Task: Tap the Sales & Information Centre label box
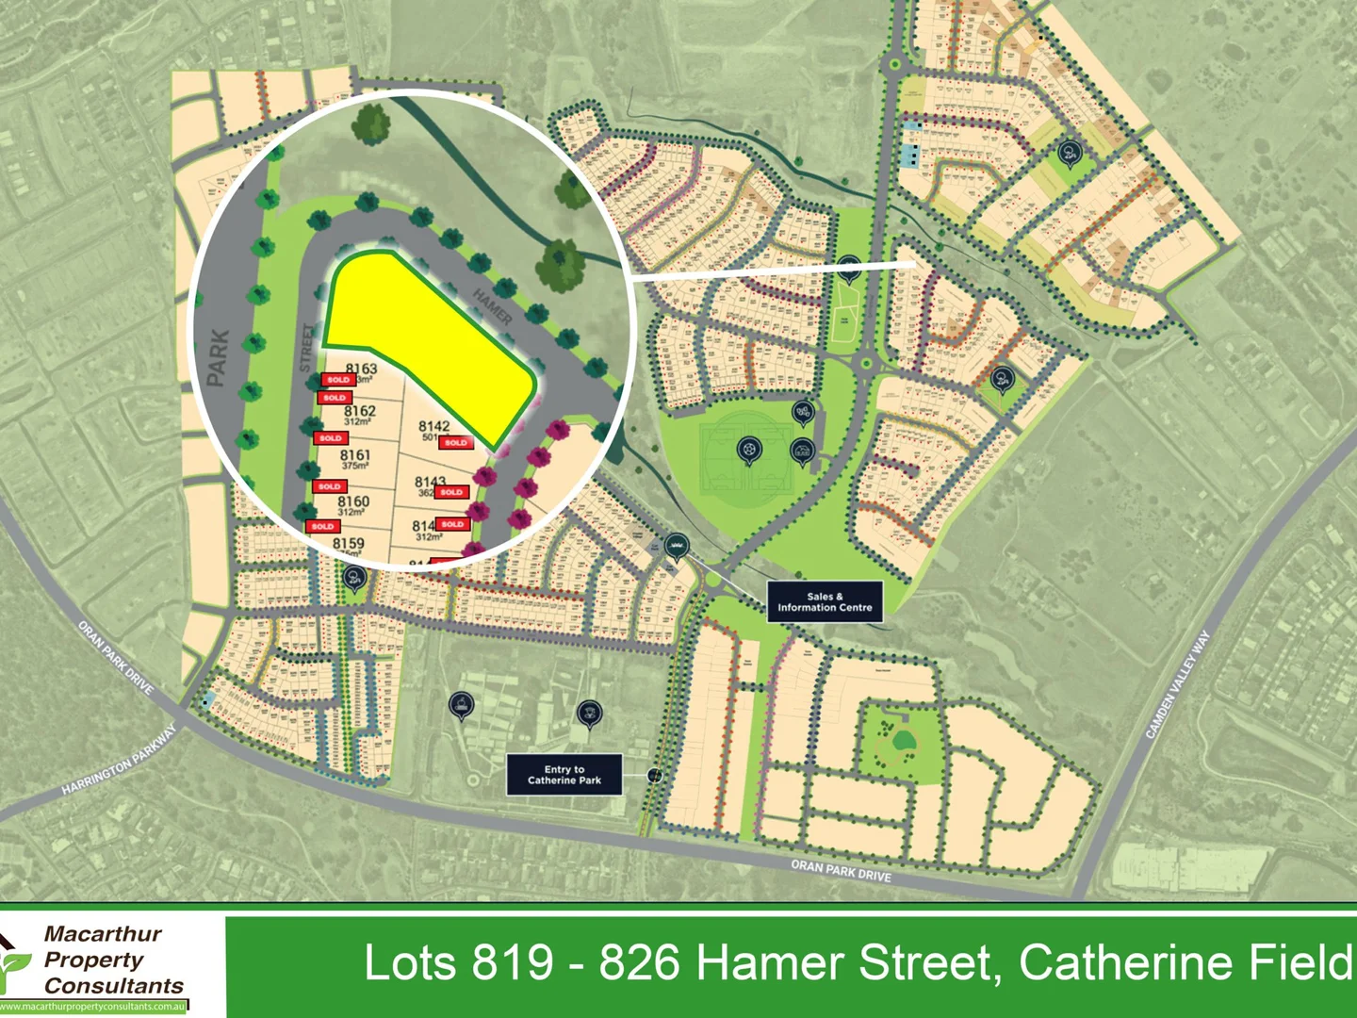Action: pyautogui.click(x=825, y=602)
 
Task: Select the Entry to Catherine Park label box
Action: pyautogui.click(x=564, y=775)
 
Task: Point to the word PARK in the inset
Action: pyautogui.click(x=218, y=357)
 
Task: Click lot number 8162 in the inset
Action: pyautogui.click(x=359, y=411)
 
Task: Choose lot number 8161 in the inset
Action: pyautogui.click(x=355, y=455)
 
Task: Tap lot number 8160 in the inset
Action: pyautogui.click(x=353, y=501)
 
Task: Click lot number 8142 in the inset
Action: pyautogui.click(x=433, y=426)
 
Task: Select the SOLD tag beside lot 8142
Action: pyautogui.click(x=456, y=442)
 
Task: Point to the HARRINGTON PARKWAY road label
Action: pyautogui.click(x=120, y=761)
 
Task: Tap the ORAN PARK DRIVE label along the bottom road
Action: pyautogui.click(x=841, y=870)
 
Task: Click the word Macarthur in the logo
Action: pyautogui.click(x=103, y=934)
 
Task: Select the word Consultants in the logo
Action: pyautogui.click(x=114, y=986)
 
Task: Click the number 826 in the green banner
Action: pyautogui.click(x=640, y=963)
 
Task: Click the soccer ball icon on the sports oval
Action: pyautogui.click(x=748, y=452)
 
